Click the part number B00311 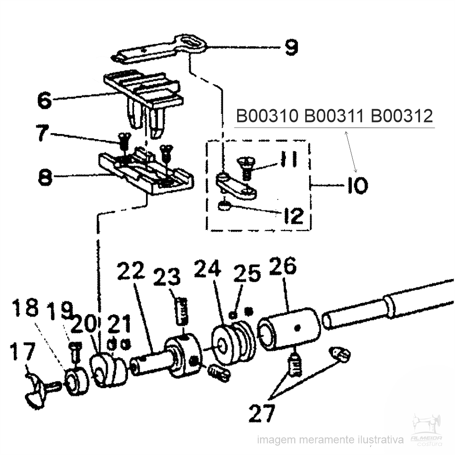[334, 116]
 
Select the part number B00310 [267, 116]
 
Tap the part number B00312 [402, 116]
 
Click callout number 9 [291, 47]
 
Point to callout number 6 [45, 100]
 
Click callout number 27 [262, 413]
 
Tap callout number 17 [23, 352]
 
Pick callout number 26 [283, 266]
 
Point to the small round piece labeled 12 [224, 206]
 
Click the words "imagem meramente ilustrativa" [331, 440]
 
